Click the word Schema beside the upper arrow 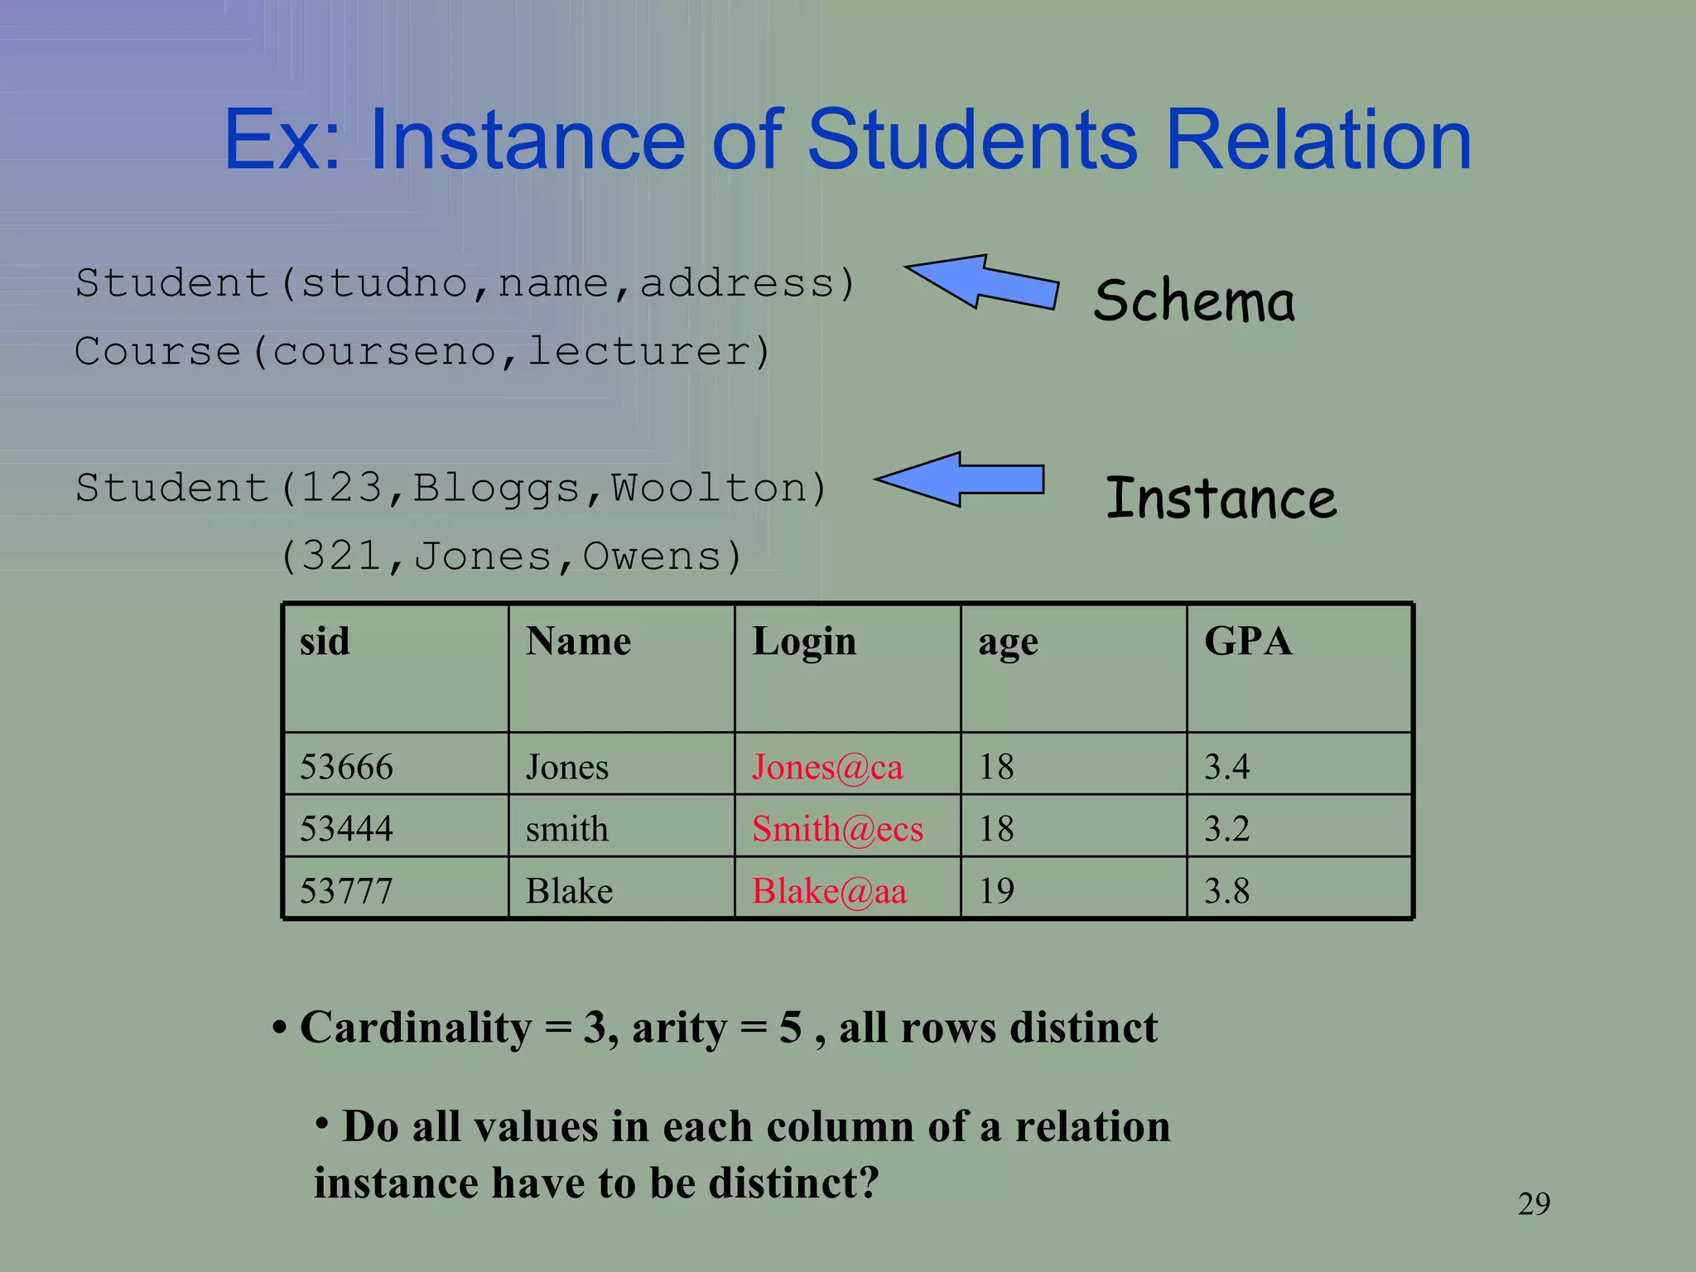pyautogui.click(x=1193, y=301)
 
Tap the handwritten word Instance pyautogui.click(x=1221, y=499)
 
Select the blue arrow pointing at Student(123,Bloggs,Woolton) pyautogui.click(x=961, y=479)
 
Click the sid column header pyautogui.click(x=325, y=642)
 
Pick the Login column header pyautogui.click(x=803, y=642)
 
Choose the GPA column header pyautogui.click(x=1247, y=642)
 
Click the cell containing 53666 pyautogui.click(x=346, y=767)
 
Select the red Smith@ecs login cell pyautogui.click(x=837, y=829)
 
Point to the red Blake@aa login pyautogui.click(x=829, y=891)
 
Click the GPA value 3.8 pyautogui.click(x=1226, y=891)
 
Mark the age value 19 pyautogui.click(x=996, y=891)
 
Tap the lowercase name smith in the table pyautogui.click(x=567, y=829)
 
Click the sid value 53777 pyautogui.click(x=346, y=891)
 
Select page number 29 pyautogui.click(x=1534, y=1203)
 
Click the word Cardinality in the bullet pyautogui.click(x=416, y=1028)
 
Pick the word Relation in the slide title pyautogui.click(x=1318, y=140)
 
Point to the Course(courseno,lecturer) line pyautogui.click(x=422, y=352)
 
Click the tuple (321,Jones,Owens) pyautogui.click(x=511, y=556)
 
